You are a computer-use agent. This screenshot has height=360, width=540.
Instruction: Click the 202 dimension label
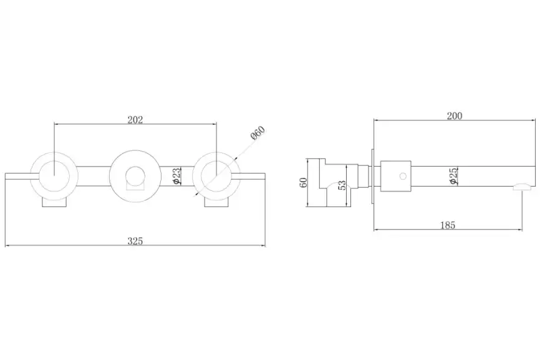point(135,120)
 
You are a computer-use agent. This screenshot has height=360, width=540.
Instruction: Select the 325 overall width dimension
point(135,241)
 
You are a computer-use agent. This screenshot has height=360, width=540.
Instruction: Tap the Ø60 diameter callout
point(258,133)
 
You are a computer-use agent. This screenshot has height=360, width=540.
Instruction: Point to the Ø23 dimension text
point(176,176)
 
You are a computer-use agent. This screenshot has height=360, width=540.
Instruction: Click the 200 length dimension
point(455,116)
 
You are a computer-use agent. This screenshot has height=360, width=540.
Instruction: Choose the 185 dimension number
point(448,225)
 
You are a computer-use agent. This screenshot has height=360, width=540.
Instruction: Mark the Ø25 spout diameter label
point(453,176)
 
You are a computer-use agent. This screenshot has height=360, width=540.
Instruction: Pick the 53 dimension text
point(342,185)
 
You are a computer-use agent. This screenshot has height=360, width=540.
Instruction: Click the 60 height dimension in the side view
point(304,183)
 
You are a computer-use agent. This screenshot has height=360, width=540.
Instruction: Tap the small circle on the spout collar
point(403,176)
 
